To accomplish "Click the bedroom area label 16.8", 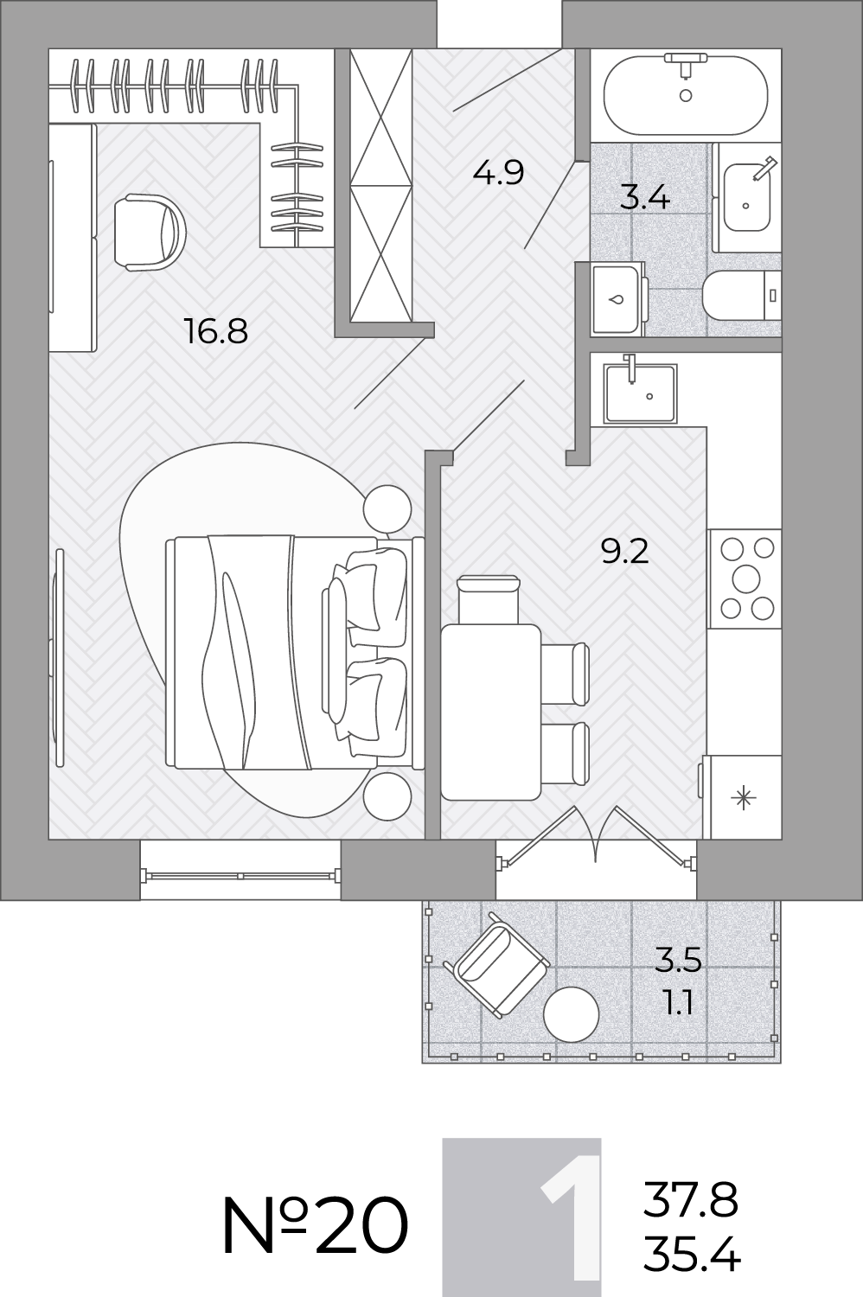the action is coord(217,332).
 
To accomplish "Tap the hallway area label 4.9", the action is coord(498,172).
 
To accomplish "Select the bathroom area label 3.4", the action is coord(644,197).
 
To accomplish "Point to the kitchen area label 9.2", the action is coord(624,552).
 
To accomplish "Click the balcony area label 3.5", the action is coord(678,960).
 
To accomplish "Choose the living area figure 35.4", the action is coord(692,1253).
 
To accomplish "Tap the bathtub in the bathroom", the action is coord(686,95).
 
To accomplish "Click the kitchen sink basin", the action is coord(640,393).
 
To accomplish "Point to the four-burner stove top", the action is coord(746,578).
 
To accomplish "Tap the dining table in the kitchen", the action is coord(490,712).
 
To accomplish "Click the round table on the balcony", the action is coord(571,1015).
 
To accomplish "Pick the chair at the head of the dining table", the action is coord(488,599).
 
